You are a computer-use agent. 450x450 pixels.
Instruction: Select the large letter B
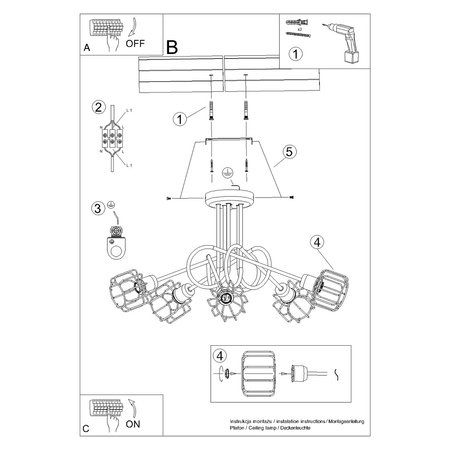(x=171, y=46)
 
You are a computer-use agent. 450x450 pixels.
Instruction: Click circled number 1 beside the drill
(x=295, y=55)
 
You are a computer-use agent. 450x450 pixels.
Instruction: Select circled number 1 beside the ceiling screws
(x=179, y=119)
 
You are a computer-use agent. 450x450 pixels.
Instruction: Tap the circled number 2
(x=98, y=108)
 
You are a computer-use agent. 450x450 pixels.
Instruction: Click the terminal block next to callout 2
(x=113, y=138)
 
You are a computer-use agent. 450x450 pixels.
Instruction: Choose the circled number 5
(x=288, y=152)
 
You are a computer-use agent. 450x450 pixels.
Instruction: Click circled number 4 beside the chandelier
(x=316, y=241)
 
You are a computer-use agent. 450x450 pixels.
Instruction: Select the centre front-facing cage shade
(x=227, y=297)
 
